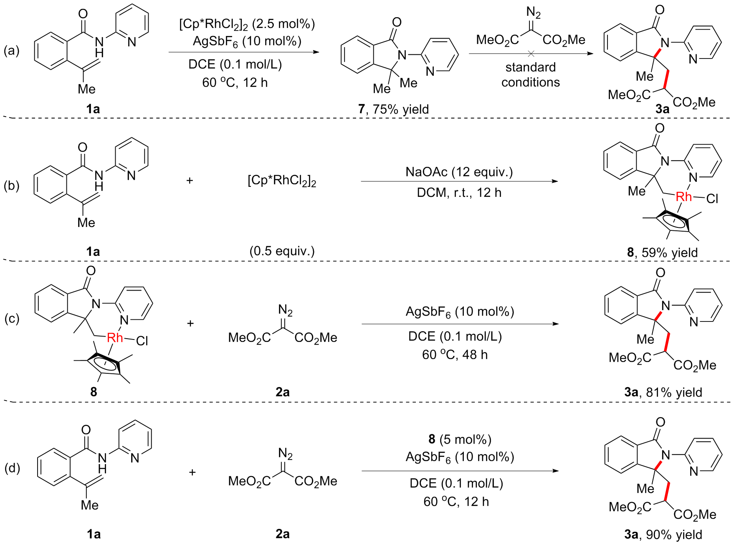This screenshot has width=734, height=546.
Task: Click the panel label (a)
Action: [x=12, y=51]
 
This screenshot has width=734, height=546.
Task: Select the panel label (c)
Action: [x=12, y=319]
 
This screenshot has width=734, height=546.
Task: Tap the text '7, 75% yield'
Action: [x=393, y=109]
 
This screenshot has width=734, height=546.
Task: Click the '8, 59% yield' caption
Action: [x=662, y=253]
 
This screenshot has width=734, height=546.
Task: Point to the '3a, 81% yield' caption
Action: [x=663, y=392]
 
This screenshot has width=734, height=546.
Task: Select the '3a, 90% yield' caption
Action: [x=663, y=534]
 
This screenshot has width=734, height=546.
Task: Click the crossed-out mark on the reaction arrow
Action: [x=531, y=54]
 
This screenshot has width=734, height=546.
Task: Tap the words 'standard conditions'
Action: [x=530, y=75]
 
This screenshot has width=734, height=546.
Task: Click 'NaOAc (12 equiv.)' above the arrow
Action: [x=459, y=172]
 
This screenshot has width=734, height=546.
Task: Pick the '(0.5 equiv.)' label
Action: [x=282, y=251]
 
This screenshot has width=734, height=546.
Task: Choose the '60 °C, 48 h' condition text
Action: [x=455, y=355]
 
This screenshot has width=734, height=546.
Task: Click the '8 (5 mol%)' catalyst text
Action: [x=460, y=439]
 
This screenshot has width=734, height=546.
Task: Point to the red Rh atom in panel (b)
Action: [x=683, y=196]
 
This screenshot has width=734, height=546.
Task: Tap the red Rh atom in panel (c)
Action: [x=115, y=338]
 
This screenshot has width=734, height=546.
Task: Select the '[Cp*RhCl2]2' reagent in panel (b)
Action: [x=282, y=181]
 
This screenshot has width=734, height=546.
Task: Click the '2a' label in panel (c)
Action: [x=282, y=392]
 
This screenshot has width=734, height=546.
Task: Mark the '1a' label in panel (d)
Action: [x=94, y=534]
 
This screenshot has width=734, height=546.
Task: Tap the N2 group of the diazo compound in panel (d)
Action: [x=285, y=454]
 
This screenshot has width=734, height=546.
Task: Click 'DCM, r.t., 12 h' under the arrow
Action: [x=459, y=193]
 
